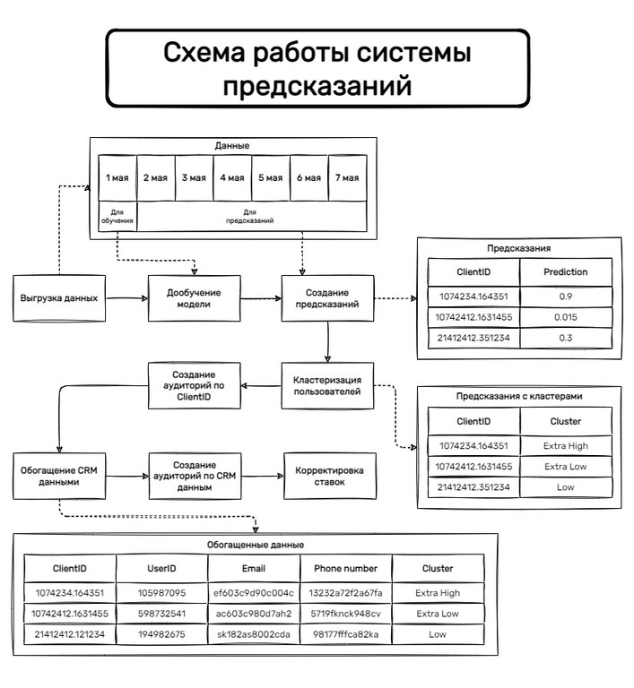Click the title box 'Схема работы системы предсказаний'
click(x=317, y=69)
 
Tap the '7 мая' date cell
click(x=347, y=177)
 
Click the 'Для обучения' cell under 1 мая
click(x=117, y=216)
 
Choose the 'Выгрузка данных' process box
click(x=59, y=297)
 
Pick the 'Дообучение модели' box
click(x=194, y=297)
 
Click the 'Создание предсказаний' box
click(x=327, y=297)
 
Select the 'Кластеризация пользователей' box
click(x=327, y=386)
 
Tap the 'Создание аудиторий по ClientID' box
click(x=194, y=386)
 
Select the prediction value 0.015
click(x=565, y=317)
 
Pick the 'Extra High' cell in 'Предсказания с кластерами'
click(x=565, y=444)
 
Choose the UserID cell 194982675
click(x=162, y=634)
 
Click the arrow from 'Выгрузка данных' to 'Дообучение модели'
click(x=125, y=297)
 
